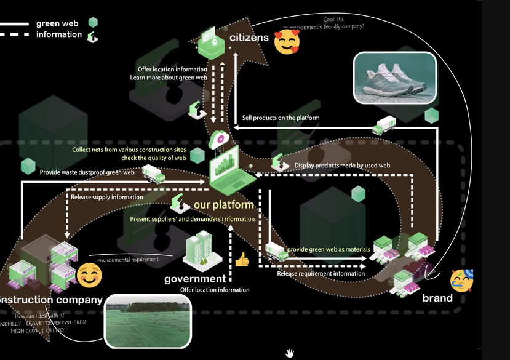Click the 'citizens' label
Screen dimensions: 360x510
[x=249, y=38]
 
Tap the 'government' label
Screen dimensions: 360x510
[x=195, y=279]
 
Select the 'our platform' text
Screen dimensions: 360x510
[x=224, y=205]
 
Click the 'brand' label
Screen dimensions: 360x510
[x=437, y=298]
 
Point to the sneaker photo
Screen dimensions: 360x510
[x=394, y=77]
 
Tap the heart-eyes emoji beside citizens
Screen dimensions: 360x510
[x=287, y=42]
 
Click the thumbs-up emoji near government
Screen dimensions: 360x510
[x=242, y=260]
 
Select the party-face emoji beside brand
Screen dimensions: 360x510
[x=461, y=281]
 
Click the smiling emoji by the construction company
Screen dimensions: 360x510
[x=89, y=275]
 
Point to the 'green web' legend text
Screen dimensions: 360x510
[x=57, y=23]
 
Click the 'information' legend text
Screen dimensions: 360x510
[x=59, y=34]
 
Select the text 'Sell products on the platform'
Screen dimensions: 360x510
[x=281, y=118]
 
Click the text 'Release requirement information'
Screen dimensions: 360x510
[x=321, y=274]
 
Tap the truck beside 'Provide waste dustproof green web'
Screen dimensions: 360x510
[x=154, y=175]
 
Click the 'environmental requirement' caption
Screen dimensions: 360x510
[x=128, y=260]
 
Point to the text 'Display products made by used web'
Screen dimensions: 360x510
[x=342, y=166]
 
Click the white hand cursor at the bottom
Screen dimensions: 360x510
[x=289, y=353]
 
